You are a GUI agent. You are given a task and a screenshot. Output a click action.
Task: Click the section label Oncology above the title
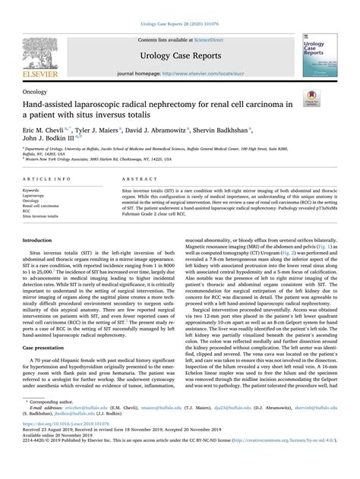(36, 90)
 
